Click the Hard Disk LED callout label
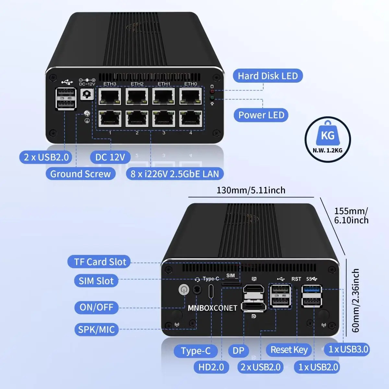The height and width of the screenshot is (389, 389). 267,76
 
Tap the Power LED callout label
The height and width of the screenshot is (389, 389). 261,115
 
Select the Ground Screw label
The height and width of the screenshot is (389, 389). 80,174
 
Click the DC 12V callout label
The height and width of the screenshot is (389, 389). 110,157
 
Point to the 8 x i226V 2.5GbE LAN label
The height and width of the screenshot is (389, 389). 175,174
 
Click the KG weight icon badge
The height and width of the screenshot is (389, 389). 327,139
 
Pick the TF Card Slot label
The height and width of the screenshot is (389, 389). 100,262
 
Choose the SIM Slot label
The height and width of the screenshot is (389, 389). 96,281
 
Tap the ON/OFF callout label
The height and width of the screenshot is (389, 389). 96,307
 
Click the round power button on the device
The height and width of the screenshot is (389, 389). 184,289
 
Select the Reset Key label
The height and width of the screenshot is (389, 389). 289,350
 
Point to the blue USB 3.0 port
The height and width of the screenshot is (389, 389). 312,289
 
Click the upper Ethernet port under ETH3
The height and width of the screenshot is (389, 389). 110,96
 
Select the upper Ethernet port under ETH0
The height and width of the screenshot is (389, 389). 191,96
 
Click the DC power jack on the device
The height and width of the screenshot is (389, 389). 87,94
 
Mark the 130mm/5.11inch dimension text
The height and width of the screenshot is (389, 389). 251,190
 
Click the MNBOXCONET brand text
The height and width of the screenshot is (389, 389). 212,308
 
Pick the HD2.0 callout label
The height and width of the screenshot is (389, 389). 211,367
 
